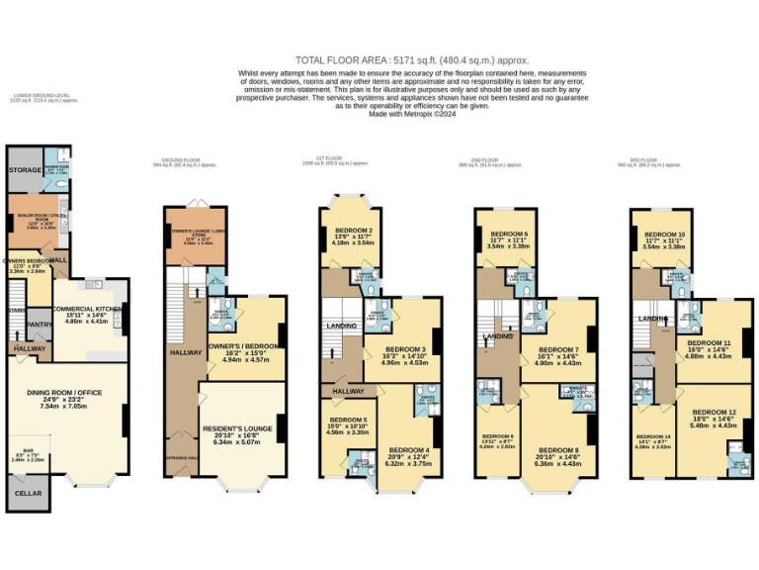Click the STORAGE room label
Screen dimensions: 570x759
[x=26, y=170]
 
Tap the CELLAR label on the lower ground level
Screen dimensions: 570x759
[x=27, y=492]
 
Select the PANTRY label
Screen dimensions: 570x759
[x=39, y=324]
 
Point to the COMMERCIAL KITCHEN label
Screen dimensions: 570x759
[x=87, y=310]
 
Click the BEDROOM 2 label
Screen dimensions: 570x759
[x=342, y=230]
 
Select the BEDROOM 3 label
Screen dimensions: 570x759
[x=403, y=349]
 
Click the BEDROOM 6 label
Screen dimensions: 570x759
[x=505, y=234]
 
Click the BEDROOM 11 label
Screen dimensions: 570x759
[x=709, y=342]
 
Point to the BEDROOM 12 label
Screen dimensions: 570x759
[x=713, y=412]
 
